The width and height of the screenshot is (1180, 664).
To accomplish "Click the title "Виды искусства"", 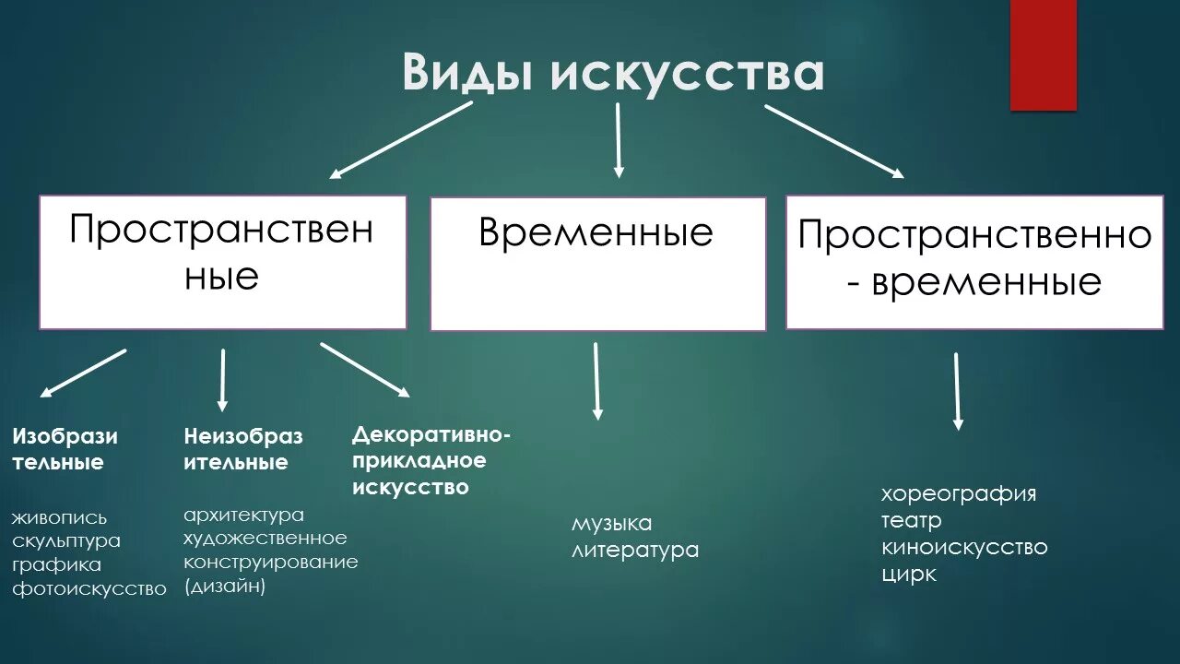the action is (x=613, y=74).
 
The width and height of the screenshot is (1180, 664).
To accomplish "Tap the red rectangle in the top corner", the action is (x=1043, y=55).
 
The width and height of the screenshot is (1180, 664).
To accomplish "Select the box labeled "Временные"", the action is (x=597, y=264).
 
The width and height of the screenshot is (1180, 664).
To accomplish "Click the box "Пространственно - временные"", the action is (x=974, y=262).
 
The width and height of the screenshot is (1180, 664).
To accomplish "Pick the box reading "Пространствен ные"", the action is (x=222, y=262).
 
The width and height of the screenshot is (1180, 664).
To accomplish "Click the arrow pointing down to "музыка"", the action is (x=596, y=380).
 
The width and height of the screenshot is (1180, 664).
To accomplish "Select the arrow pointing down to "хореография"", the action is (x=957, y=391).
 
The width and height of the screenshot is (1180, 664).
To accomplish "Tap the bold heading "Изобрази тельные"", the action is (x=65, y=449).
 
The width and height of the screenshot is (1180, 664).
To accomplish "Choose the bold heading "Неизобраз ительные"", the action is (x=242, y=449).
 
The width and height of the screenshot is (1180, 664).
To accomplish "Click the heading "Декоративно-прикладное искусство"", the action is (x=431, y=460).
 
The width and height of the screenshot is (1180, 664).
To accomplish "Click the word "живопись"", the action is (x=60, y=517).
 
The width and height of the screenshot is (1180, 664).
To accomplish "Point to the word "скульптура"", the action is (x=66, y=540).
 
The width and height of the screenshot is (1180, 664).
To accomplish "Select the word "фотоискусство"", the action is (x=89, y=588).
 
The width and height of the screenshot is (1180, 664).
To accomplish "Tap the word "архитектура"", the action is (x=243, y=515).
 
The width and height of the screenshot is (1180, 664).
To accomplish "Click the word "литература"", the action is (x=635, y=551).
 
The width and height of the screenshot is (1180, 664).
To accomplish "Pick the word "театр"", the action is (x=912, y=521).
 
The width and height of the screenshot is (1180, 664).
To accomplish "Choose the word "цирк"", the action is (x=909, y=574).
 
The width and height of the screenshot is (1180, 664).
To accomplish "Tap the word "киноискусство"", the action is (x=964, y=547).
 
